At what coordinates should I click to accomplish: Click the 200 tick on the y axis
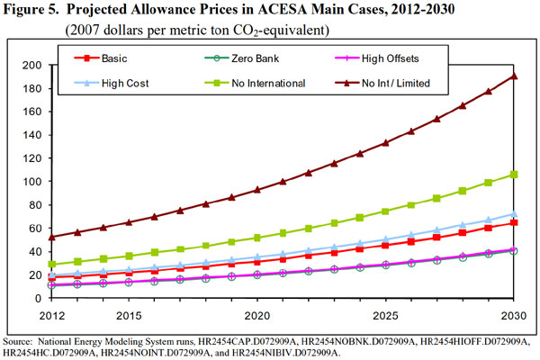point(33,66)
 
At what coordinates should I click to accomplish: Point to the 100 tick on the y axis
point(33,182)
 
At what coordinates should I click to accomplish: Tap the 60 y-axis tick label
point(36,229)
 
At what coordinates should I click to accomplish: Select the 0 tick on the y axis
point(39,298)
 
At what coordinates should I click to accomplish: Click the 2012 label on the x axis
point(51,315)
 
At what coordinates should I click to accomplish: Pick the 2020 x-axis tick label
point(257,315)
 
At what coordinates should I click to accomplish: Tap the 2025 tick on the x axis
point(386,315)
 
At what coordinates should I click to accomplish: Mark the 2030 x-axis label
point(514,315)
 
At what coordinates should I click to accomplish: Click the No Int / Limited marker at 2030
point(514,76)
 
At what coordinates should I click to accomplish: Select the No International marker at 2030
point(514,175)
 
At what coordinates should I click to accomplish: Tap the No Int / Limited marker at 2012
point(51,237)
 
